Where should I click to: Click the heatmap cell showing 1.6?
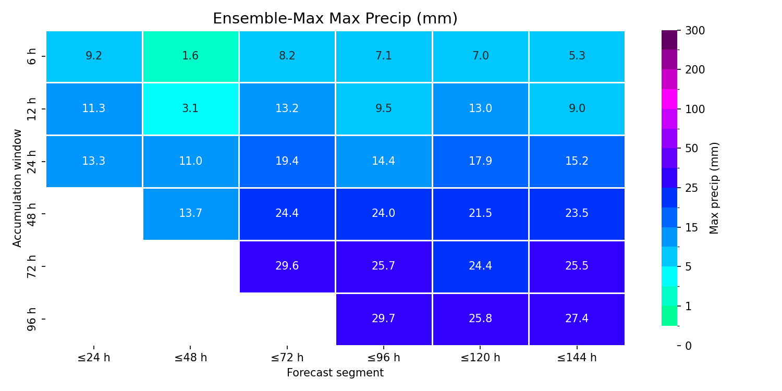tap(191, 56)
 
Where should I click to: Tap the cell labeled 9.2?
tap(94, 56)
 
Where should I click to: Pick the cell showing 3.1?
tap(191, 109)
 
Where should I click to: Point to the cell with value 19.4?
tap(287, 162)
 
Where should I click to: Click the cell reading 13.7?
tap(191, 214)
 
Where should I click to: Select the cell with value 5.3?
tap(577, 56)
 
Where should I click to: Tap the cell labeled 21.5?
tap(480, 214)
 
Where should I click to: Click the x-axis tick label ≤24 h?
tap(94, 358)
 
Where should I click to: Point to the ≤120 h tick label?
tap(480, 358)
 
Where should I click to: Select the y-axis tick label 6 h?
tap(31, 56)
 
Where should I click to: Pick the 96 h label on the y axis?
tap(31, 319)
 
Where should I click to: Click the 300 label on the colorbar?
tap(695, 31)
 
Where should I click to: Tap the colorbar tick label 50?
tap(692, 149)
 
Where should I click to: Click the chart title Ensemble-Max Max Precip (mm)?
tap(335, 18)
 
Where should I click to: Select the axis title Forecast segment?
tap(335, 373)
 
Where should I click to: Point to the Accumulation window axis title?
tap(17, 188)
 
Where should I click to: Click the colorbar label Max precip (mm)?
tap(714, 188)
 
